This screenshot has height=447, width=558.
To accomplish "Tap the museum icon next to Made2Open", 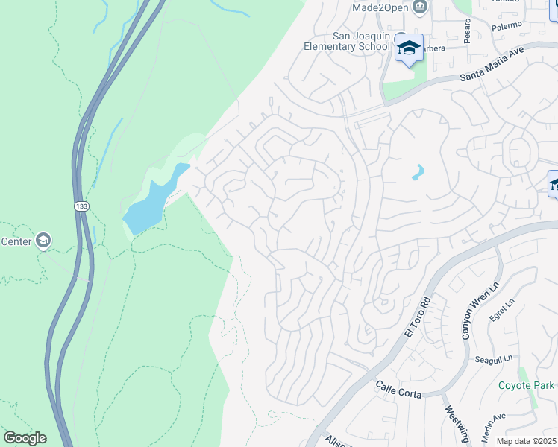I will click(419, 7).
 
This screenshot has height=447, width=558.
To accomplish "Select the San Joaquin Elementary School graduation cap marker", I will click(408, 48).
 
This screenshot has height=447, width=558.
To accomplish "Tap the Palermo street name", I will click(511, 25).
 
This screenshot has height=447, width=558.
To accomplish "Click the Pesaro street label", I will click(467, 31).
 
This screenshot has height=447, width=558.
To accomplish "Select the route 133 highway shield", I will click(81, 206).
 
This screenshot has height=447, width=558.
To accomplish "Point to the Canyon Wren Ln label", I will click(473, 308).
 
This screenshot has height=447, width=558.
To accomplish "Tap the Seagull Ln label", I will click(493, 359).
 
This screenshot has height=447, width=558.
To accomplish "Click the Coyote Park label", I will click(526, 385).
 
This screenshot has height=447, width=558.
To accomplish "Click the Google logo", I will click(25, 438).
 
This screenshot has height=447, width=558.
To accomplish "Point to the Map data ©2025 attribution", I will click(525, 441).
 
